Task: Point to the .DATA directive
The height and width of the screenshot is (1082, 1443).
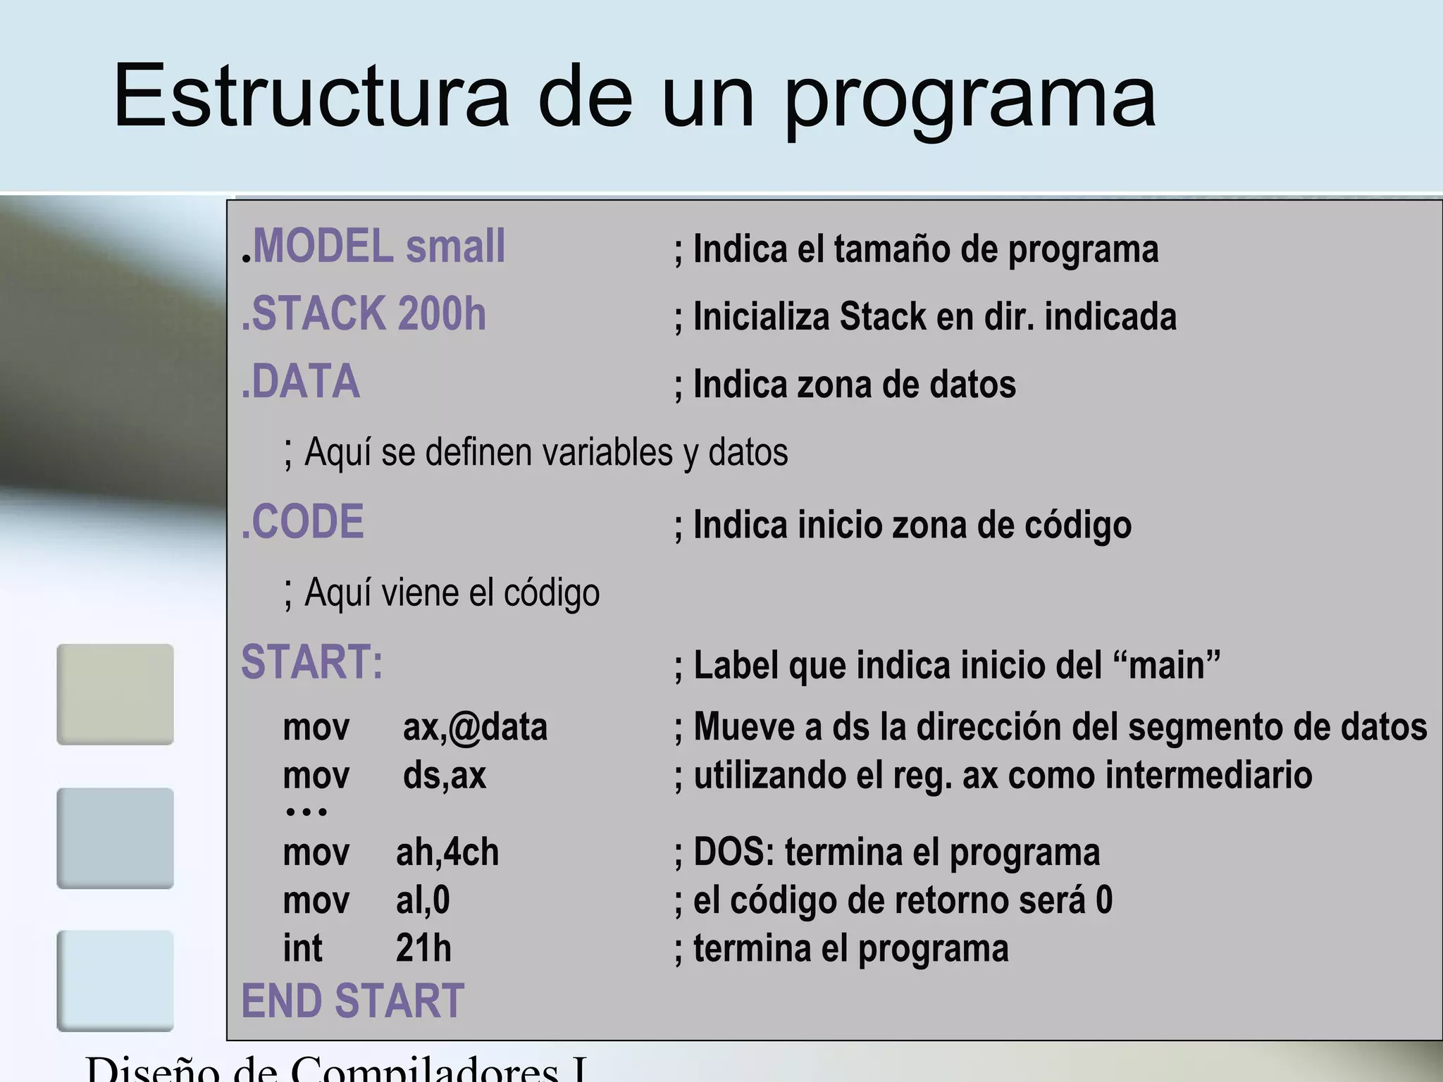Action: click(301, 382)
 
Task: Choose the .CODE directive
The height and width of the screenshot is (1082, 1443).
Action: click(303, 522)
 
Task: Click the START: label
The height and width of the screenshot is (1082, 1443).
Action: click(312, 662)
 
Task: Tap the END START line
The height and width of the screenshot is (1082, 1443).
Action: click(352, 1000)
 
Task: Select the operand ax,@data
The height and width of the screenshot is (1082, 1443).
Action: click(475, 727)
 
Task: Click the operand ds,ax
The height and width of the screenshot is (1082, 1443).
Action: click(445, 775)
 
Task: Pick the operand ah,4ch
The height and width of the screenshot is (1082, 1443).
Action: click(447, 852)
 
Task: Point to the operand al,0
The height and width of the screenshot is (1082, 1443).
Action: click(423, 900)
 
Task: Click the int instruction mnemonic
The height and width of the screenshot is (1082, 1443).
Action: click(302, 948)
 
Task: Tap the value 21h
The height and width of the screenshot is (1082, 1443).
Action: click(423, 948)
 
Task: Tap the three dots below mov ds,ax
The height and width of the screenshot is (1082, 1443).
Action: click(306, 812)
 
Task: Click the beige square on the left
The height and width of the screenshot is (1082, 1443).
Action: click(115, 694)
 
